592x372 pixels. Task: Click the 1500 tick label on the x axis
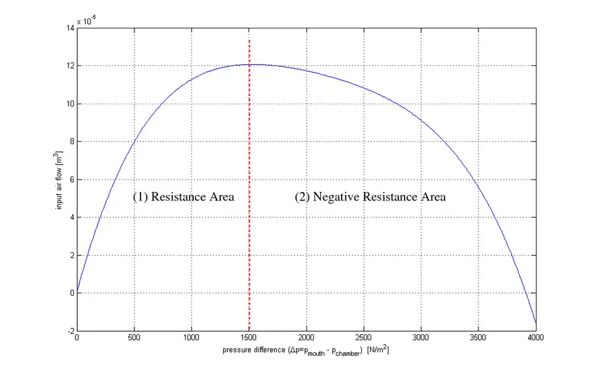click(249, 337)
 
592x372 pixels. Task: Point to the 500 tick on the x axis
click(134, 337)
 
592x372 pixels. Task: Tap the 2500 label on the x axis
click(364, 337)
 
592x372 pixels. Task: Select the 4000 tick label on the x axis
click(535, 337)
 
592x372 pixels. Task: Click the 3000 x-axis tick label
click(421, 337)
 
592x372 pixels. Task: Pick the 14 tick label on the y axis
click(69, 28)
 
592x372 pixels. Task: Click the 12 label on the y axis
click(69, 66)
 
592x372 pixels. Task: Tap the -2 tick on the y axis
click(70, 331)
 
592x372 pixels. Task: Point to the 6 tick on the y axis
click(71, 180)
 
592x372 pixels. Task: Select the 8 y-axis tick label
click(71, 142)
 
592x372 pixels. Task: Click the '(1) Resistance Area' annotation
click(184, 197)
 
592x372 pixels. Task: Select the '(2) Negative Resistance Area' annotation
click(370, 197)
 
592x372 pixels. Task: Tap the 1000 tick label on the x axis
click(192, 337)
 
